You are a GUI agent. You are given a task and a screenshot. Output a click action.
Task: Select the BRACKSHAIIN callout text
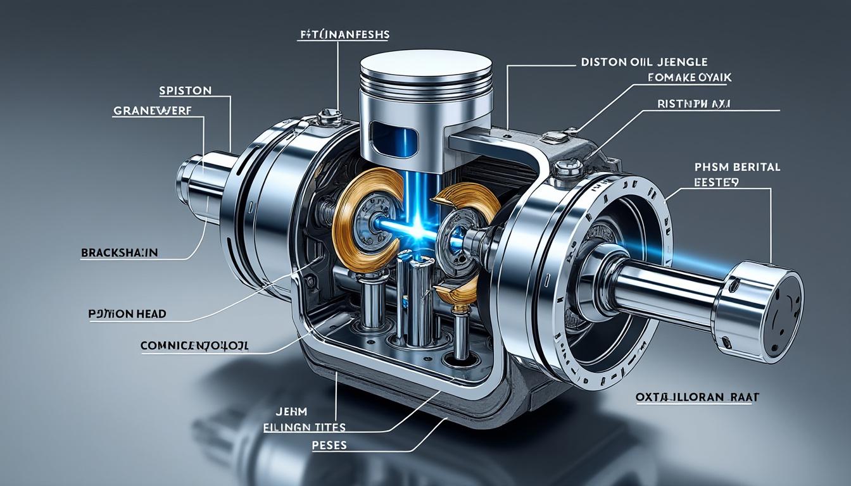point(120,252)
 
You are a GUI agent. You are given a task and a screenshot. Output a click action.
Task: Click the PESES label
point(329,445)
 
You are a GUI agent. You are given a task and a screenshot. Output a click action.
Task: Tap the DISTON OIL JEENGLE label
point(644,62)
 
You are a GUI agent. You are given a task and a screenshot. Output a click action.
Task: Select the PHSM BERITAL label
point(737,167)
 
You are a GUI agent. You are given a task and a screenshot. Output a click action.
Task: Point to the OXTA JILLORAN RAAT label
point(697,397)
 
